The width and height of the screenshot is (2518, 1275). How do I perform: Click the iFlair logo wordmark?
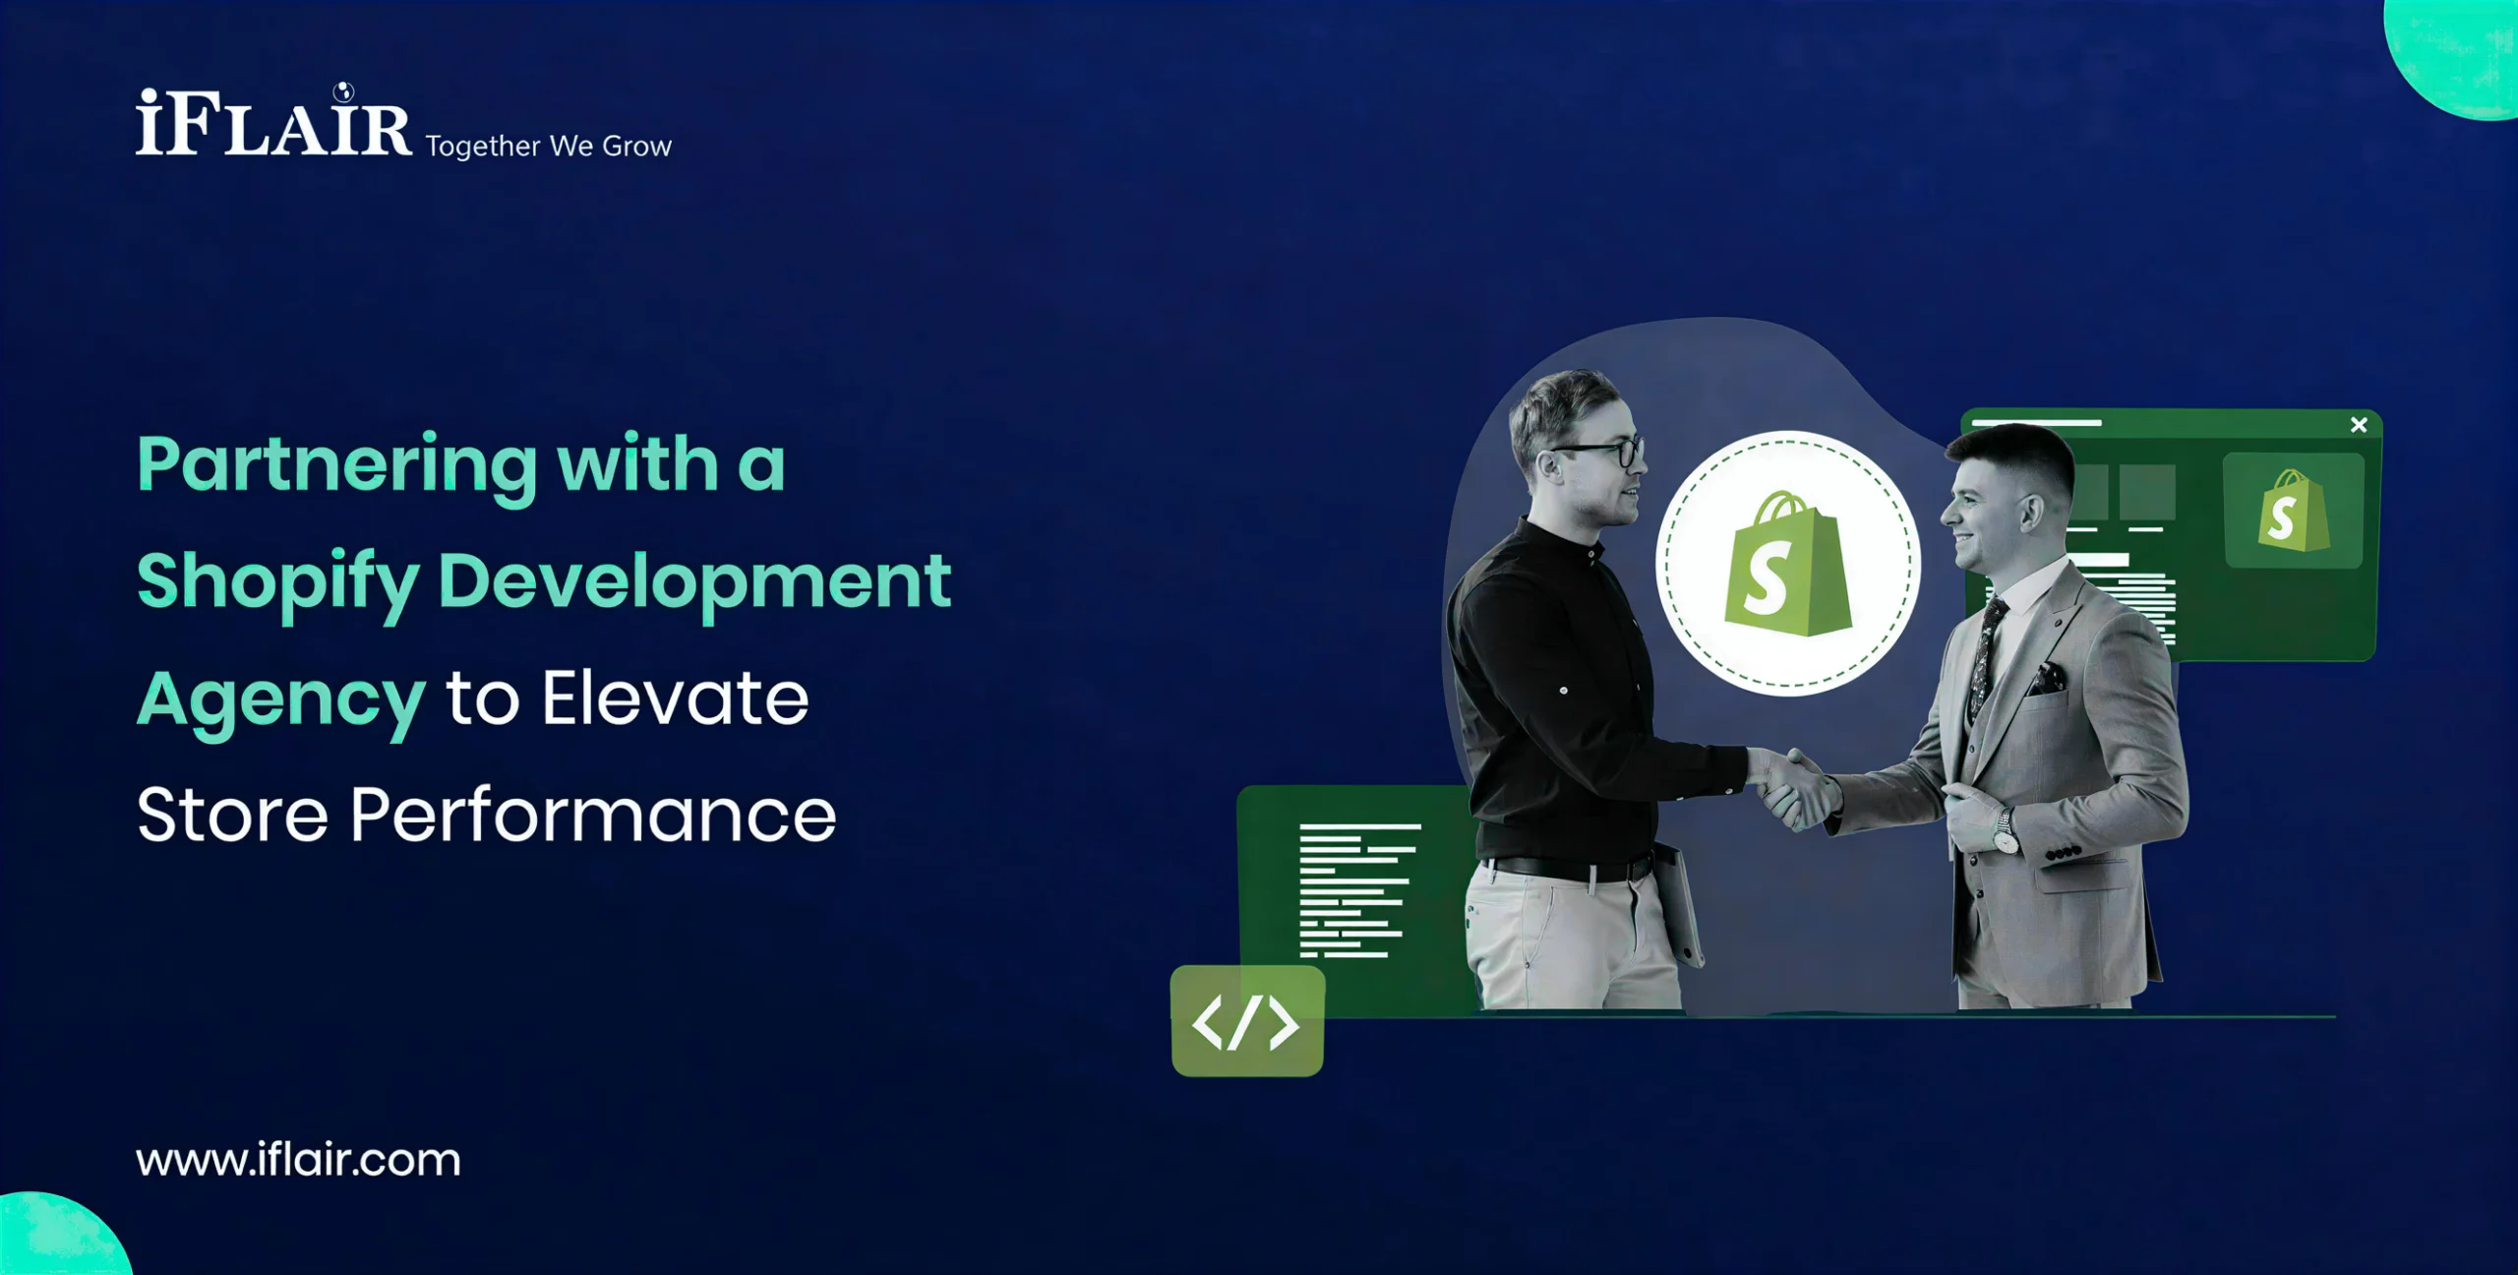[273, 121]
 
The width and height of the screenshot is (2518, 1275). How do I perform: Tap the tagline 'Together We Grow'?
[548, 147]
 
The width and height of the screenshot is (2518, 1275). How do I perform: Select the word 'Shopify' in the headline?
[278, 583]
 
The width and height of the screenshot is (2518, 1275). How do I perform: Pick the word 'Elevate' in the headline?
[676, 698]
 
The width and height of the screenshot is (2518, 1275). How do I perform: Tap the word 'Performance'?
[593, 816]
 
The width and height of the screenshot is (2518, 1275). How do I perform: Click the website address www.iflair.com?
[298, 1160]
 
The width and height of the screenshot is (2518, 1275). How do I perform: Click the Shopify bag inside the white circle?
[1788, 565]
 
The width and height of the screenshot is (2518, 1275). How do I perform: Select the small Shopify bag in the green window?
[2293, 511]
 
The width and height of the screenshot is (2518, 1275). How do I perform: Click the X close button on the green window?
[2359, 425]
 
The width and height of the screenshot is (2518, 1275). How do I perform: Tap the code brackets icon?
[1246, 1023]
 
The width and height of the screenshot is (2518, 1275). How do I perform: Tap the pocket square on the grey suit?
[2049, 679]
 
